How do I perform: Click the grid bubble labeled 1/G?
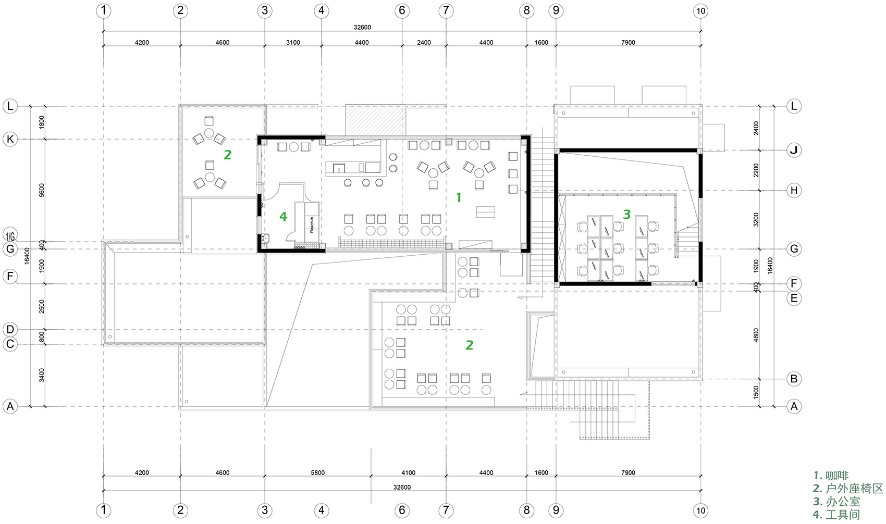[x=10, y=235]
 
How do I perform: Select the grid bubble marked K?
[x=10, y=139]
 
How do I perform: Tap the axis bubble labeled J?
[x=793, y=150]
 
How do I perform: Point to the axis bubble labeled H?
[x=793, y=191]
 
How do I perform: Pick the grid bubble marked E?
[x=793, y=298]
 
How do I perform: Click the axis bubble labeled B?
[x=793, y=379]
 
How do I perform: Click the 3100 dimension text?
[x=293, y=42]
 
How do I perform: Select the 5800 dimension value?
[x=317, y=472]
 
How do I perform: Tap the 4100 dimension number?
[x=408, y=472]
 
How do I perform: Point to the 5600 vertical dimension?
[x=42, y=191]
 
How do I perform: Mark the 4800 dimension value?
[x=756, y=335]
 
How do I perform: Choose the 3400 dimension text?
[x=42, y=375]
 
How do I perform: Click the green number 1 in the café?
[x=459, y=197]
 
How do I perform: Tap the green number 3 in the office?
[x=626, y=214]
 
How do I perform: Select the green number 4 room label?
[x=283, y=217]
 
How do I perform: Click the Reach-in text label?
[x=312, y=224]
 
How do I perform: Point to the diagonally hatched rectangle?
[x=376, y=120]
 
